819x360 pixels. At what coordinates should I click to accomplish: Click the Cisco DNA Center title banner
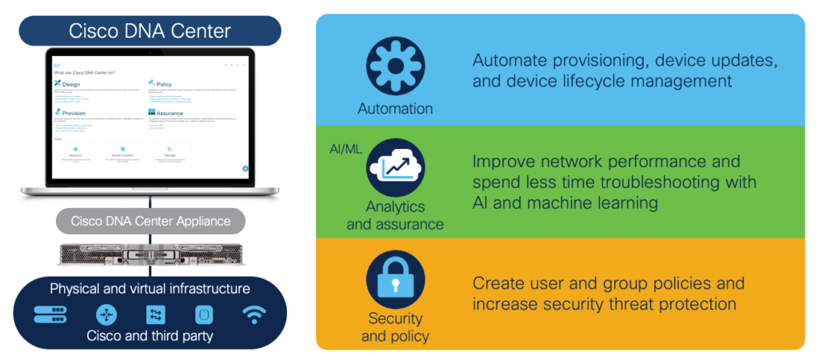(x=150, y=31)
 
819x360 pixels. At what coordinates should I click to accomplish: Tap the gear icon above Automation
(x=395, y=66)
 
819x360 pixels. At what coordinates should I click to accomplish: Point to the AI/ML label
(x=346, y=149)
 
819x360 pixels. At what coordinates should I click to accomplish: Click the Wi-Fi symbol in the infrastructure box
(x=254, y=314)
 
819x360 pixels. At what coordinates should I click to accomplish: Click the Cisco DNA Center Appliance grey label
(x=151, y=221)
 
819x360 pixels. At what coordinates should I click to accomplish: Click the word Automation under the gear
(x=395, y=108)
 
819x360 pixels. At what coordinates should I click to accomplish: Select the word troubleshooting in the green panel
(x=642, y=182)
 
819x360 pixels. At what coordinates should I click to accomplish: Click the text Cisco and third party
(x=150, y=335)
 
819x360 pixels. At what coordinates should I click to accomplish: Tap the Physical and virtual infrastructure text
(x=150, y=288)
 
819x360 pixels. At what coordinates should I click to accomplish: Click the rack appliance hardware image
(x=150, y=253)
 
